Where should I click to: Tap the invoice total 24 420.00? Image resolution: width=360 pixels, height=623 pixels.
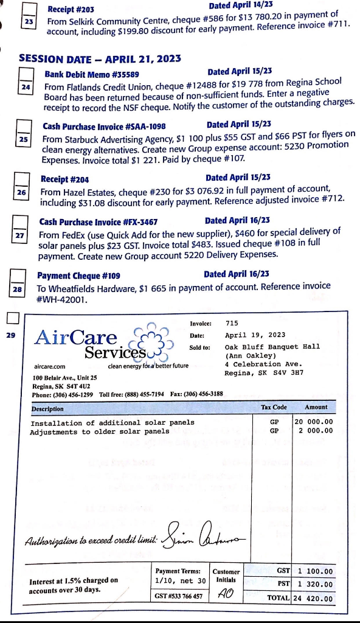314,598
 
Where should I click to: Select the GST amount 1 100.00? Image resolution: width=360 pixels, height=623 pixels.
315,571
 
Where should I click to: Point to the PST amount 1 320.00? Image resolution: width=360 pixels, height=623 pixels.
315,584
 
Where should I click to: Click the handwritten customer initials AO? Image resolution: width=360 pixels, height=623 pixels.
225,593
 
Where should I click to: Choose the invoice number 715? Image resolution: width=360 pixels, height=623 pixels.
232,323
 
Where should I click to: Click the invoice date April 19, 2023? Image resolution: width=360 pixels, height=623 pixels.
255,335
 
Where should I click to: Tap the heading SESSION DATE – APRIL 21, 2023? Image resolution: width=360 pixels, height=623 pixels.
100,59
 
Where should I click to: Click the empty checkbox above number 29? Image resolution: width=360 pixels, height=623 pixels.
13,318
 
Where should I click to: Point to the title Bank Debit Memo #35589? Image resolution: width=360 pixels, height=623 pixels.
84,74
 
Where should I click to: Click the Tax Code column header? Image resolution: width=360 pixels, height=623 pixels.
274,407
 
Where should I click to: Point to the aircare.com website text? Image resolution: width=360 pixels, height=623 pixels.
49,367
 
